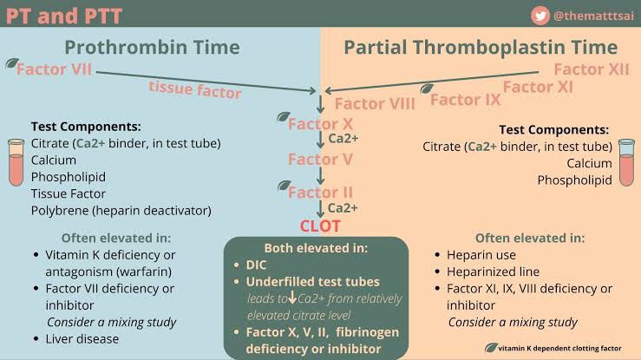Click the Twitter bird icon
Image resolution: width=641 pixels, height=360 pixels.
[542, 15]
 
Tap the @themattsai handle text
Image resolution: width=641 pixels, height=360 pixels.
[592, 15]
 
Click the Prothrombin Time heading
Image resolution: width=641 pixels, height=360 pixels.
[157, 47]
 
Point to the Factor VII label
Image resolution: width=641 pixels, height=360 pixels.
[54, 69]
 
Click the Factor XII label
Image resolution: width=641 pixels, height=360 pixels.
[591, 69]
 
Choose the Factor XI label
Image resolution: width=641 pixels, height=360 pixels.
[538, 86]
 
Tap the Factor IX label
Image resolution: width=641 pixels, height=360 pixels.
[466, 99]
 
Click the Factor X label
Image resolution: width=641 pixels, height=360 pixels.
[320, 123]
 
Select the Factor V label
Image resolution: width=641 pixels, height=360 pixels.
[320, 159]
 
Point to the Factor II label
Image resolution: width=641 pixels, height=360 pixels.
[320, 192]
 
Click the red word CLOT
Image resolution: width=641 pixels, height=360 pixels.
[320, 226]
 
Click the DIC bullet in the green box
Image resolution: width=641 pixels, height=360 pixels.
[254, 266]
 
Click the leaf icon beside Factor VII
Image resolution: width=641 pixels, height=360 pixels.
[10, 64]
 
